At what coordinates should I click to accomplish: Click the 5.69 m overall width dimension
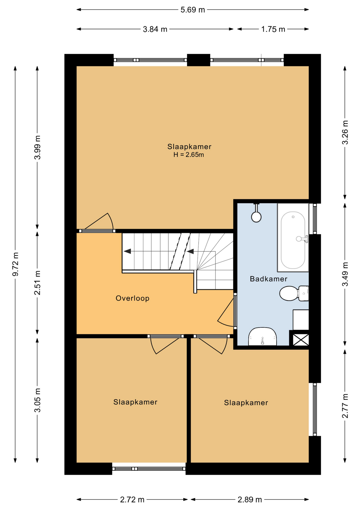pyautogui.click(x=193, y=10)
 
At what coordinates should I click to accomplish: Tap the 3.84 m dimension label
pyautogui.click(x=155, y=29)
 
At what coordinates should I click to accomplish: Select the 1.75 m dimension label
pyautogui.click(x=273, y=29)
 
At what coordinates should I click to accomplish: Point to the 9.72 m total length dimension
pyautogui.click(x=15, y=264)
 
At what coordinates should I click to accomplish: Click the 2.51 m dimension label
pyautogui.click(x=37, y=283)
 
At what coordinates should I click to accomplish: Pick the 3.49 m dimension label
pyautogui.click(x=345, y=274)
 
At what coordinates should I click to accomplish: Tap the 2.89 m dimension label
pyautogui.click(x=250, y=500)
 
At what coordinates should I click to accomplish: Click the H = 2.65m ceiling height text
pyautogui.click(x=189, y=155)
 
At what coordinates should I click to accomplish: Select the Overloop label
pyautogui.click(x=133, y=298)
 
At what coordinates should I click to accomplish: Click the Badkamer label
pyautogui.click(x=269, y=279)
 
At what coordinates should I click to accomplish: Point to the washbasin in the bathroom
pyautogui.click(x=262, y=336)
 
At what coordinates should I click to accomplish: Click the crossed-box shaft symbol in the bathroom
pyautogui.click(x=301, y=340)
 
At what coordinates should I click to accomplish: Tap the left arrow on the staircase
pyautogui.click(x=128, y=251)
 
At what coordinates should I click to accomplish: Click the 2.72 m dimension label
pyautogui.click(x=132, y=500)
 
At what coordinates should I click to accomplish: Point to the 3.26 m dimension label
pyautogui.click(x=345, y=133)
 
